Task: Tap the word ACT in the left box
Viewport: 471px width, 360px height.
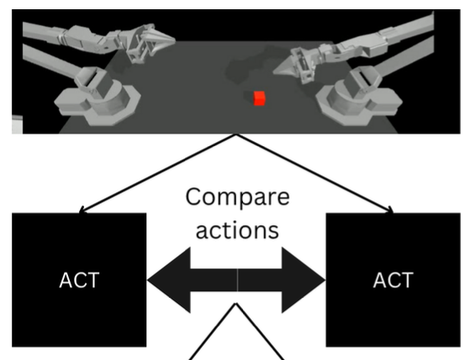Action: click(x=80, y=280)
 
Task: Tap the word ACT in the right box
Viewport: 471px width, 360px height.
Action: click(x=392, y=280)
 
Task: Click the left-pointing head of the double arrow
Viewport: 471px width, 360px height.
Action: click(x=168, y=280)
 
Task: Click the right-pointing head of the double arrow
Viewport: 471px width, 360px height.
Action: click(x=304, y=280)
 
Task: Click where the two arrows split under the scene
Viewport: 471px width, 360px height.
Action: click(x=236, y=134)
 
